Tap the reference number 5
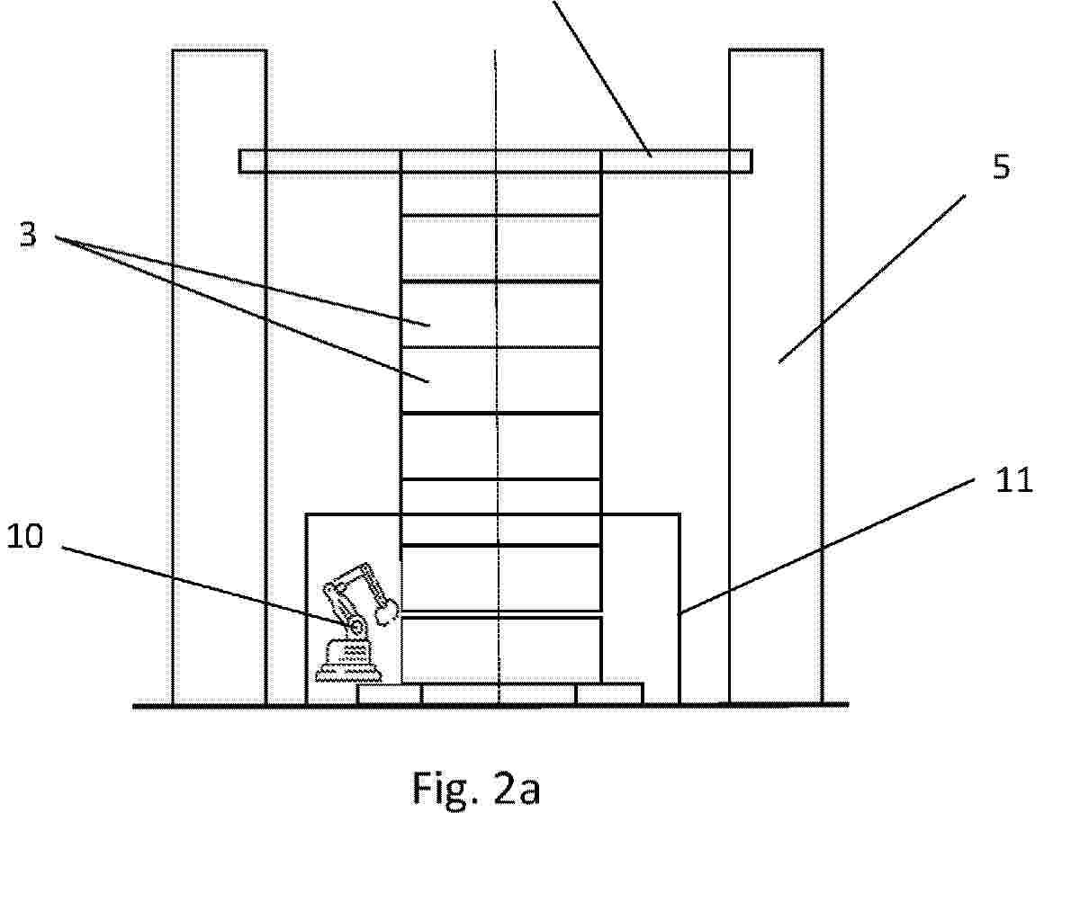(x=1001, y=167)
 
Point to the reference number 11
(x=1013, y=480)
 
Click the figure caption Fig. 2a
(x=476, y=789)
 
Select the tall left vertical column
(x=220, y=378)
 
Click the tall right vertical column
(x=776, y=378)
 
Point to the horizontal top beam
(x=495, y=161)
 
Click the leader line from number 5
(x=872, y=279)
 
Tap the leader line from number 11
(x=826, y=547)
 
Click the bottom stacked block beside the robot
(x=500, y=649)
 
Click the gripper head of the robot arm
(x=387, y=610)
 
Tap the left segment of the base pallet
(x=389, y=693)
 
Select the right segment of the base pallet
(x=610, y=693)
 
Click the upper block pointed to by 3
(x=500, y=314)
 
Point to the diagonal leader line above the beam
(x=602, y=78)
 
